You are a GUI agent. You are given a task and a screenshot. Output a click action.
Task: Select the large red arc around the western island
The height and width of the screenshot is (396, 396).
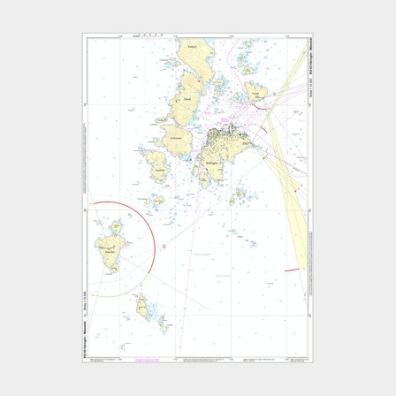tap(151, 225)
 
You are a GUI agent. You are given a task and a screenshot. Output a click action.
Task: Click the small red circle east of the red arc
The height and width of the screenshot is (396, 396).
tap(166, 247)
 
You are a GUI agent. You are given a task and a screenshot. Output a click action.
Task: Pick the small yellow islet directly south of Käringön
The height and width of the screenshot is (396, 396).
tap(236, 196)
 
